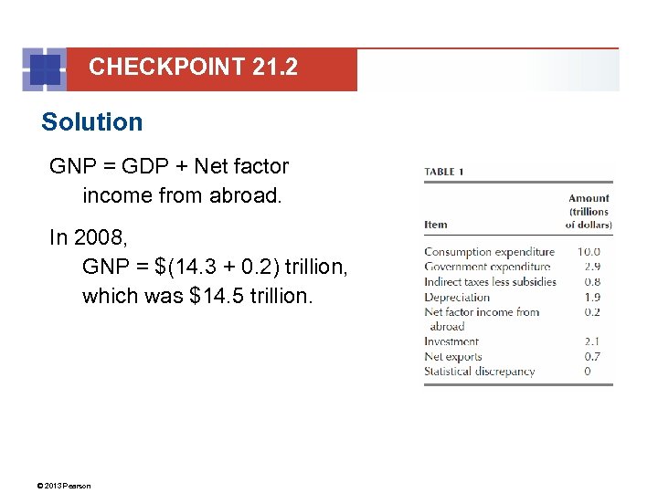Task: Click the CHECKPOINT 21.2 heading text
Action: pos(193,67)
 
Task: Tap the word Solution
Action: pos(92,122)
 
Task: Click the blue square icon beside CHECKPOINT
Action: pos(46,69)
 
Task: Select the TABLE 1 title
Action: pos(452,172)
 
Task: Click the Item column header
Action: pos(436,225)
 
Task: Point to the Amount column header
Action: pos(589,211)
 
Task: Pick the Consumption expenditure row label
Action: pos(489,252)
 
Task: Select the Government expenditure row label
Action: pos(488,267)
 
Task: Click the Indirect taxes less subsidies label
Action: pos(490,282)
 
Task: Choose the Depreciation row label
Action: pos(457,297)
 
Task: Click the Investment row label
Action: pos(451,341)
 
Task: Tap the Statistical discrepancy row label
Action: pos(479,372)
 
